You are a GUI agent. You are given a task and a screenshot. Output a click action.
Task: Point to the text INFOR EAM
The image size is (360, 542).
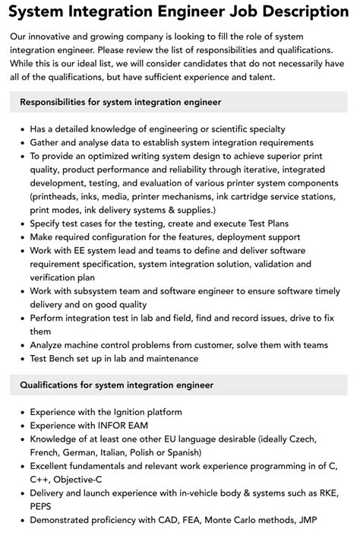[x=121, y=426]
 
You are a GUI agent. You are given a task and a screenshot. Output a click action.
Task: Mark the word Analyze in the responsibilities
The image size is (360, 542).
[x=51, y=344]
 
